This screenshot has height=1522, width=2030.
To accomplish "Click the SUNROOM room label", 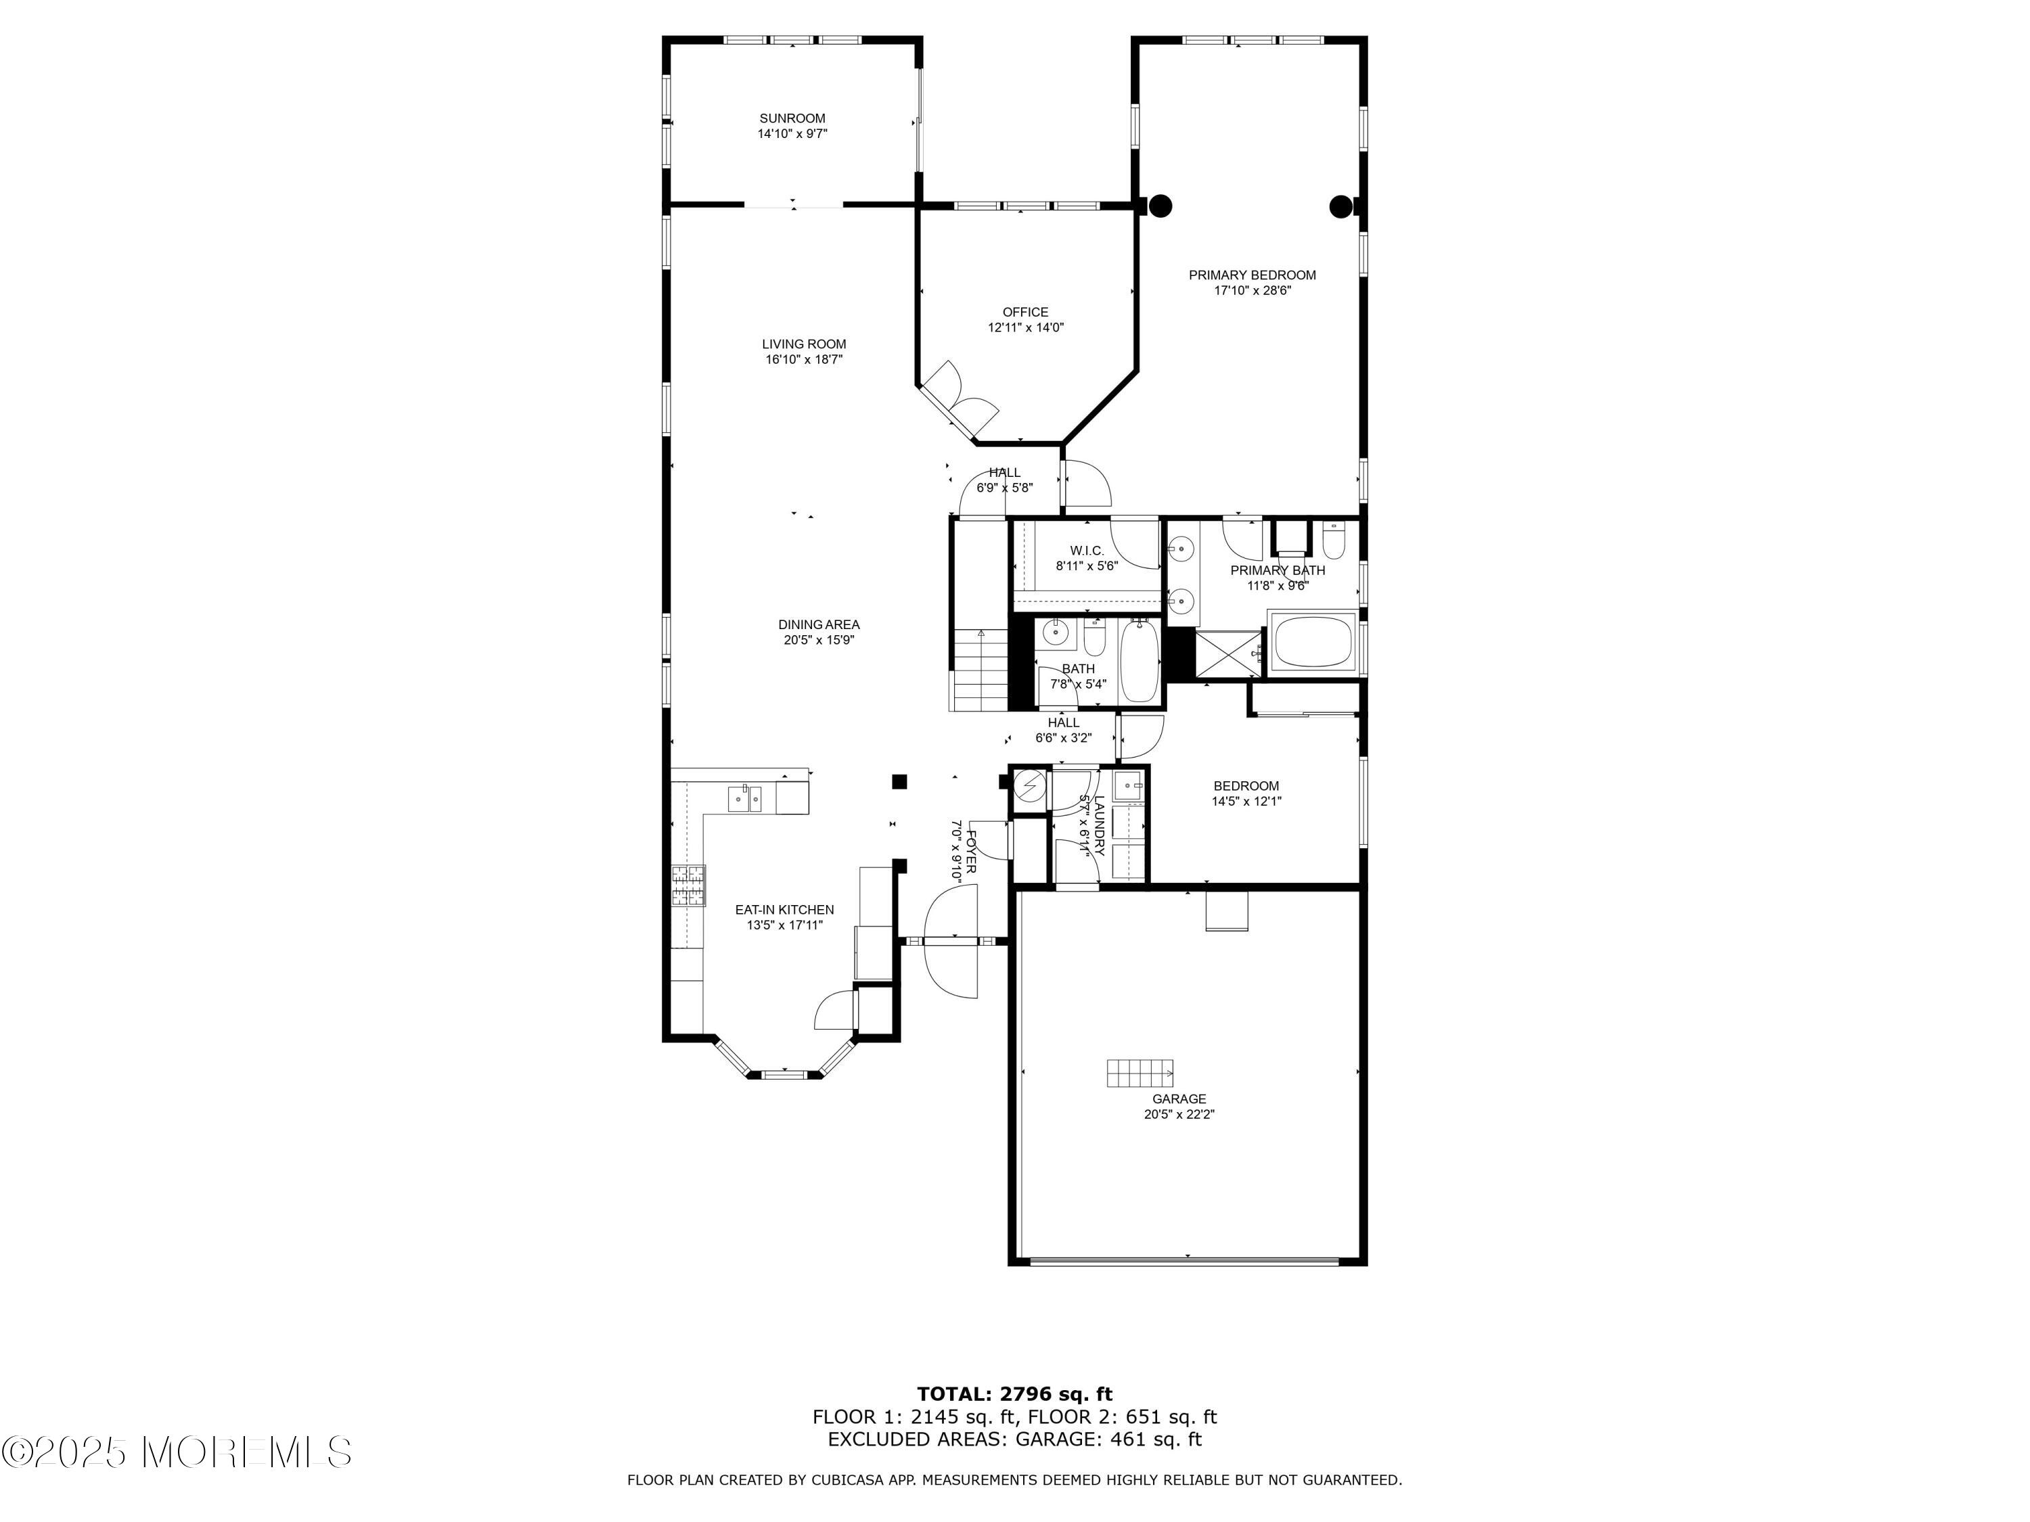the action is point(792,118).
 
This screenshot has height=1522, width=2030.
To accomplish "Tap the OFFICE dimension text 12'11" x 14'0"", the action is point(1025,327).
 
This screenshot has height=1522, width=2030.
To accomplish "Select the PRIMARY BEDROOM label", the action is point(1252,275).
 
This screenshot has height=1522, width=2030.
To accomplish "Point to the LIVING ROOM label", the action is point(804,344).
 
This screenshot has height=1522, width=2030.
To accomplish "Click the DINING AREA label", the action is point(819,625).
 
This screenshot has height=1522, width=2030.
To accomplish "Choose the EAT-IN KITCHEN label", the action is point(785,910).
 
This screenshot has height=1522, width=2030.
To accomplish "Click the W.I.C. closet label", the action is point(1087,551).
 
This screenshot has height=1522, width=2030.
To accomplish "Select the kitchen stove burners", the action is point(690,886).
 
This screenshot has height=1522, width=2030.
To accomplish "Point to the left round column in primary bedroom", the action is point(1161,206).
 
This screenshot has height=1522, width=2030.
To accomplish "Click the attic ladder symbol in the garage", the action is point(1140,1072).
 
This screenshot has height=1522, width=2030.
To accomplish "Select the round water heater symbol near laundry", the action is point(1030,787).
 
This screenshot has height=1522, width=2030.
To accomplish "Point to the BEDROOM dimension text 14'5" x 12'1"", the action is point(1246,801).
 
